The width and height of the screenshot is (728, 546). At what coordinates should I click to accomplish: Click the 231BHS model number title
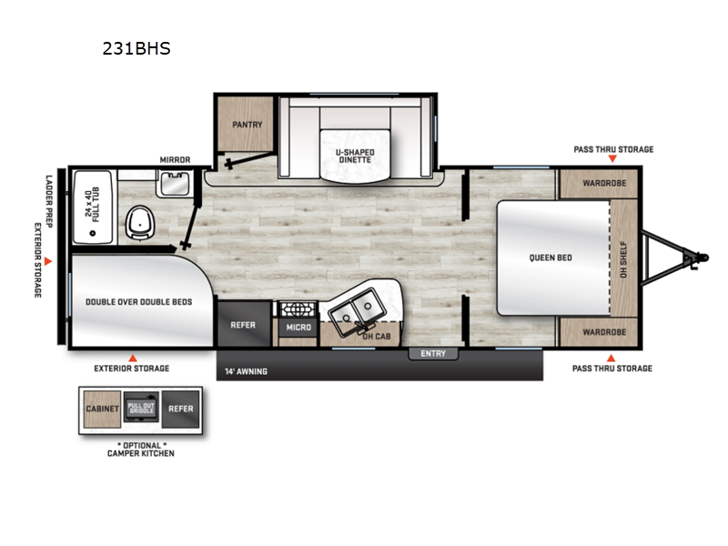(x=136, y=48)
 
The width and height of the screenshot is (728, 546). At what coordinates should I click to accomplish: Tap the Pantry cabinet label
(x=247, y=125)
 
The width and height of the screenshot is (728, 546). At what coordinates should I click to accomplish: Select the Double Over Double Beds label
(x=138, y=301)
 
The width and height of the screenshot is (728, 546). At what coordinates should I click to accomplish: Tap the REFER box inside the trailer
(x=243, y=325)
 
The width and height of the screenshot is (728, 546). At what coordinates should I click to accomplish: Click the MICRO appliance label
(x=298, y=327)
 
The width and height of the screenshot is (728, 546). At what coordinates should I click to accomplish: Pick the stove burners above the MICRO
(x=298, y=309)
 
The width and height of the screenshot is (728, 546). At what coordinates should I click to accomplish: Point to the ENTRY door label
(x=433, y=353)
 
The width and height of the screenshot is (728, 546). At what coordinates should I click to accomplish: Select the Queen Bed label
(x=551, y=258)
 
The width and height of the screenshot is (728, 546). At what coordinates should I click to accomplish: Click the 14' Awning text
(x=242, y=371)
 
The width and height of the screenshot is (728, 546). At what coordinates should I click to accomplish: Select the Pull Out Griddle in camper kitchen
(x=141, y=409)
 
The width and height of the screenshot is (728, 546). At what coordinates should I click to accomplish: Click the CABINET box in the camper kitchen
(x=102, y=409)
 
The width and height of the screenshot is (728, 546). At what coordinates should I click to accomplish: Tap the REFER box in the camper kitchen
(x=180, y=409)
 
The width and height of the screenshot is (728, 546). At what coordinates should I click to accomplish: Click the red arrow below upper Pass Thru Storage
(x=612, y=159)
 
